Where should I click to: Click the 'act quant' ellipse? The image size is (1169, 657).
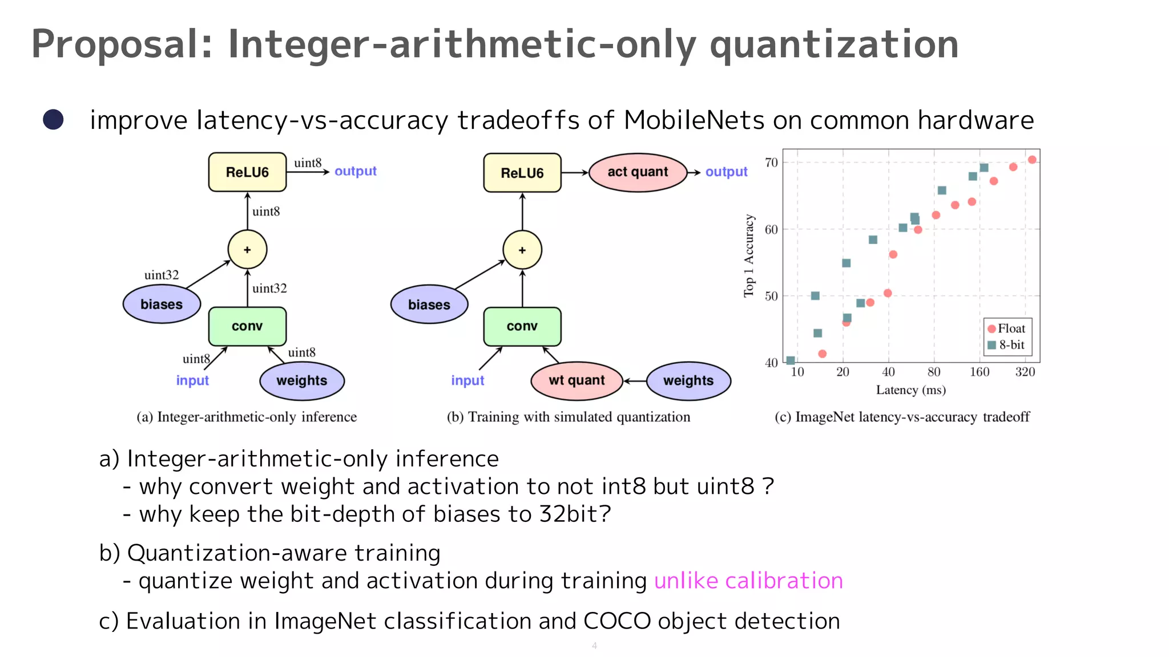click(x=637, y=172)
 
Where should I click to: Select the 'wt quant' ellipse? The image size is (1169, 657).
click(x=577, y=380)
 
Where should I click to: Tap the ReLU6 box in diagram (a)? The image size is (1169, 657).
click(x=247, y=172)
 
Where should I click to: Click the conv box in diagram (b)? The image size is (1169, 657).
click(x=522, y=326)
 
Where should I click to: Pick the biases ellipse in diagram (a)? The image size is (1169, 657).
click(x=162, y=305)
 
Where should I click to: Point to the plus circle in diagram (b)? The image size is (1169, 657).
click(x=522, y=250)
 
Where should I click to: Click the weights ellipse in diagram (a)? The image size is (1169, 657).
click(x=301, y=380)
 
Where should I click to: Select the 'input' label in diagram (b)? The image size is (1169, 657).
click(x=467, y=380)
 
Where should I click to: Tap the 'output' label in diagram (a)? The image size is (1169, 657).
click(x=355, y=171)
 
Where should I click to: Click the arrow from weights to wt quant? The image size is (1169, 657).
click(x=634, y=380)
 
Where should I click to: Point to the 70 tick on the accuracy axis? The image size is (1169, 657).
click(x=771, y=163)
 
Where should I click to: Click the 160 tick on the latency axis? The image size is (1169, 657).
click(x=979, y=372)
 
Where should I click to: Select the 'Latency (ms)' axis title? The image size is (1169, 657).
click(x=910, y=390)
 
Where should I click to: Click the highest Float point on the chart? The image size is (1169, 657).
click(x=1032, y=160)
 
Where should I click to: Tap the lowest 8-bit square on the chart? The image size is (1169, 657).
click(x=791, y=360)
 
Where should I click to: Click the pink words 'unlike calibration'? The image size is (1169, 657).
click(x=748, y=581)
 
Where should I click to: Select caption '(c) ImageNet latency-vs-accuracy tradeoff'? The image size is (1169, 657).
click(x=902, y=417)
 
